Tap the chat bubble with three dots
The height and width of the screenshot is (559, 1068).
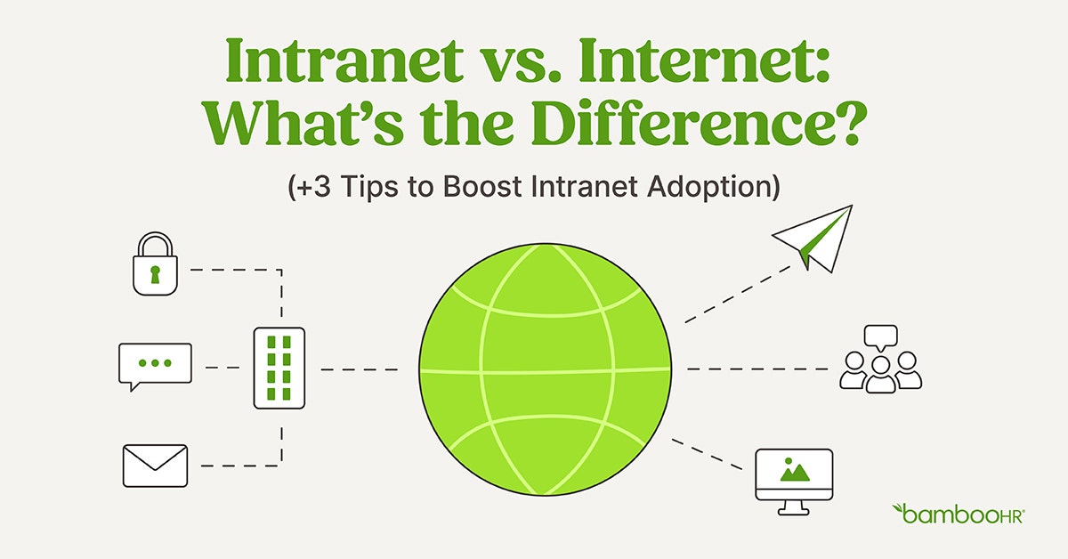pos(155,365)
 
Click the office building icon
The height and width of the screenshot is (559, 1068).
pos(279,368)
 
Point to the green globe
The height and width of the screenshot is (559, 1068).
pos(545,369)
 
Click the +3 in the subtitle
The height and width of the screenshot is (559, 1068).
pos(311,190)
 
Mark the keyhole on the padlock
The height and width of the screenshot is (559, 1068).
pos(155,272)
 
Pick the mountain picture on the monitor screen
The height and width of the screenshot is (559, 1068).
pos(793,469)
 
